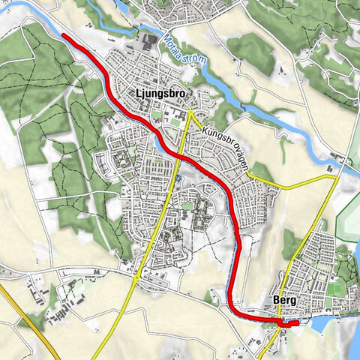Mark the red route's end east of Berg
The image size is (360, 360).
click(x=296, y=323)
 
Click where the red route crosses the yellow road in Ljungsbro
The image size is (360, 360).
click(x=182, y=155)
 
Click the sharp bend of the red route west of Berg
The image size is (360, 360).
click(x=234, y=310)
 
